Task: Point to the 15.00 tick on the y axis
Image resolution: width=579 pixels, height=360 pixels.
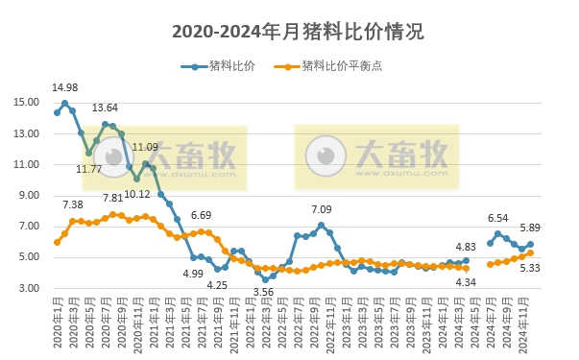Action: point(26,103)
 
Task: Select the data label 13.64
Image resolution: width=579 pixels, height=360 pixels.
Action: point(106,108)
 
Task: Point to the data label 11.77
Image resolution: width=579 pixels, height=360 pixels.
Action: point(89,170)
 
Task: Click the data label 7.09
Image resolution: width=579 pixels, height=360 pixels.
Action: point(322,210)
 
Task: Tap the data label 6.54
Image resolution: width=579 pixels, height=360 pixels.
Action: point(497,219)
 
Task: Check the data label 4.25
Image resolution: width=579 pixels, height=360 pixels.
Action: point(217,285)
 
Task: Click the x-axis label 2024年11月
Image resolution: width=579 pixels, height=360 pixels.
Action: point(528,327)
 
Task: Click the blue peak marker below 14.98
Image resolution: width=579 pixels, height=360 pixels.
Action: point(65,104)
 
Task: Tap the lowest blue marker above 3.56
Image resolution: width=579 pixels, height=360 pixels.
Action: point(266,279)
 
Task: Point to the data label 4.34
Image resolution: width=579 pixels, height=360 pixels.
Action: point(466,281)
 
